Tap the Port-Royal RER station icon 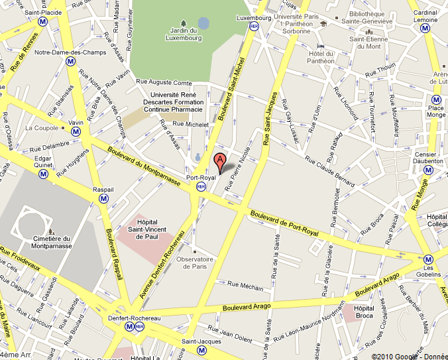tap(201, 187)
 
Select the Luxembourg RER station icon tap(254, 26)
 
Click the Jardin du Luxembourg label tap(186, 34)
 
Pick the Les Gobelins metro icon tap(428, 259)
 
